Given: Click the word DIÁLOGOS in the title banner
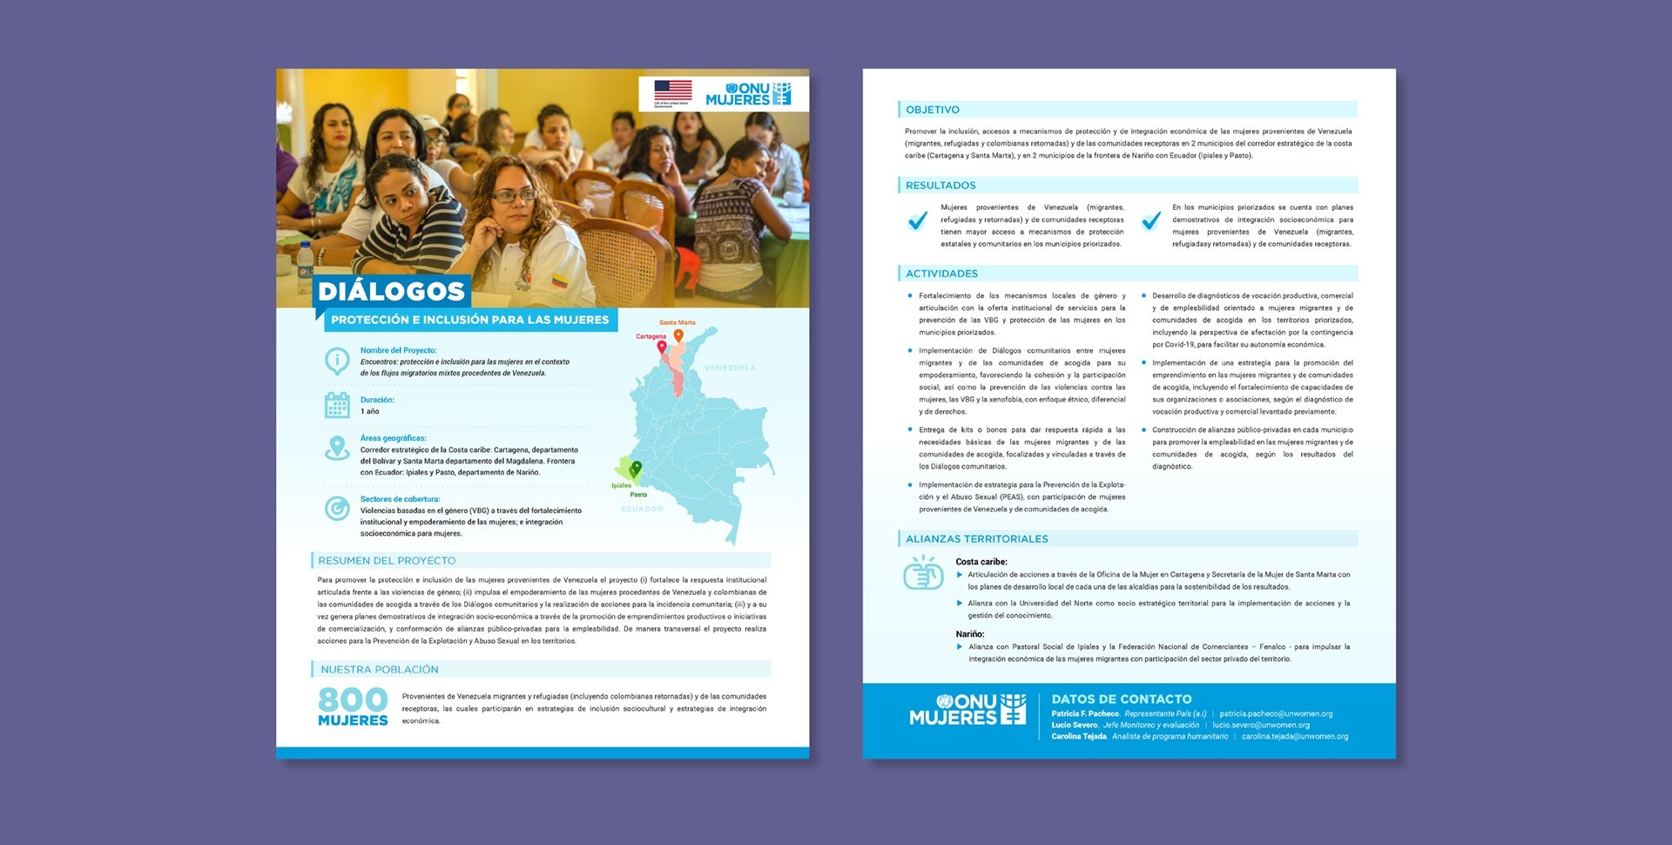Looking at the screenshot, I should tap(391, 291).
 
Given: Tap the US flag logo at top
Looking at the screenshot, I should tap(672, 91).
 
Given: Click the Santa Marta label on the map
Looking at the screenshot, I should tap(677, 322).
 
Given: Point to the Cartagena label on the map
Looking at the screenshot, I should tap(651, 336).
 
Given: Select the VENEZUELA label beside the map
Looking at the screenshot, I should tap(730, 368).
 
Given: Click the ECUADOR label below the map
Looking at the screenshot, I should tap(642, 509).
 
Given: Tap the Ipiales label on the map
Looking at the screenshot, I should tap(621, 485).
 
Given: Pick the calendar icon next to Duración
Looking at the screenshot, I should tap(337, 405).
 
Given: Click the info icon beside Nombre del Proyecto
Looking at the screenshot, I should tap(337, 360).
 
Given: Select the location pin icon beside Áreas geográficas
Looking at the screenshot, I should tap(337, 448).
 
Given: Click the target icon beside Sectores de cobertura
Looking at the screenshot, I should tap(337, 508).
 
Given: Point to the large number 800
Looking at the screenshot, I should tap(353, 699).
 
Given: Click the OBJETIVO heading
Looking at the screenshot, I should tap(933, 110).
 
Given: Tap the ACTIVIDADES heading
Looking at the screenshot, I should tap(941, 274).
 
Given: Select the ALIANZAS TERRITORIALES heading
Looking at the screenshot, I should tap(976, 539).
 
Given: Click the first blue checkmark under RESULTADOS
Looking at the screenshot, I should tap(917, 221).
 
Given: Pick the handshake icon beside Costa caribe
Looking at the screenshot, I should tap(923, 575).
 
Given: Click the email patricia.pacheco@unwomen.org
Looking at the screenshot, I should tap(1276, 713).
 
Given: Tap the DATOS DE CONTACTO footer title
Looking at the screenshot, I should tap(1121, 699).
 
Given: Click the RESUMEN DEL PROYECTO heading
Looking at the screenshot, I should tap(387, 561).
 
